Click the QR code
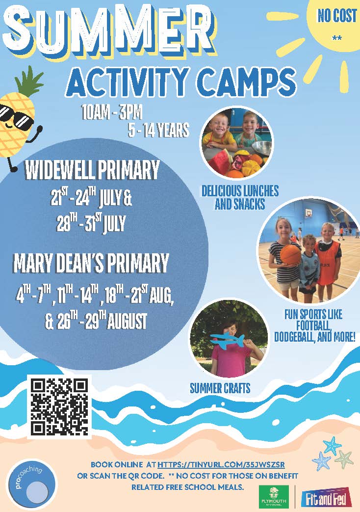point(59,407)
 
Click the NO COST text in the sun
point(337,16)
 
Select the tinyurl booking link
point(221,464)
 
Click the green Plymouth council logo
point(273,496)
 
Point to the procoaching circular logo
point(31,485)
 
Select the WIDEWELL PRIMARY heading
point(92,170)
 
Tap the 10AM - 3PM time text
point(112,112)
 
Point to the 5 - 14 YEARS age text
point(158,130)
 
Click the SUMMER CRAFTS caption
point(220,388)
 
